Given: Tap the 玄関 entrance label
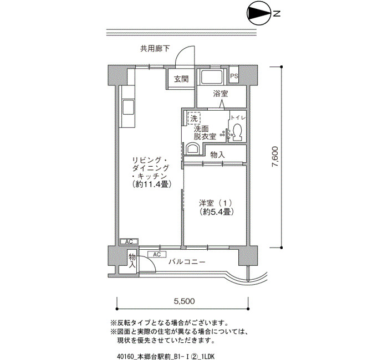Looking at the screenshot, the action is [181, 79].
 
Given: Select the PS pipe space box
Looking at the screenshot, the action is [234, 76].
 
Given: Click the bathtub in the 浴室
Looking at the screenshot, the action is [212, 77].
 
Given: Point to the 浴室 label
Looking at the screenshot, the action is [221, 94].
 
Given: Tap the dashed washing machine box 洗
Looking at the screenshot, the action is [194, 118].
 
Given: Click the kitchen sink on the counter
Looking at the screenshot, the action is [128, 107].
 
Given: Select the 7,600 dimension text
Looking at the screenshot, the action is [275, 157].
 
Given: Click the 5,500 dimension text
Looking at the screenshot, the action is [184, 301].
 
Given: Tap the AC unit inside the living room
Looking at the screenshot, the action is [129, 241].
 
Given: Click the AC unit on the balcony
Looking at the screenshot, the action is [157, 254].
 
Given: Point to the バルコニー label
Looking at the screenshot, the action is [187, 261].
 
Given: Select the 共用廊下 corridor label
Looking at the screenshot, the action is [155, 49].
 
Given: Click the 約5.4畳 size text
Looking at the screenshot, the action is [217, 212].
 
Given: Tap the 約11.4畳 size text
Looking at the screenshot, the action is [152, 184].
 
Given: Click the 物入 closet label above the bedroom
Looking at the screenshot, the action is [217, 155].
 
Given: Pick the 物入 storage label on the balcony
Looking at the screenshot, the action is [132, 261].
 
